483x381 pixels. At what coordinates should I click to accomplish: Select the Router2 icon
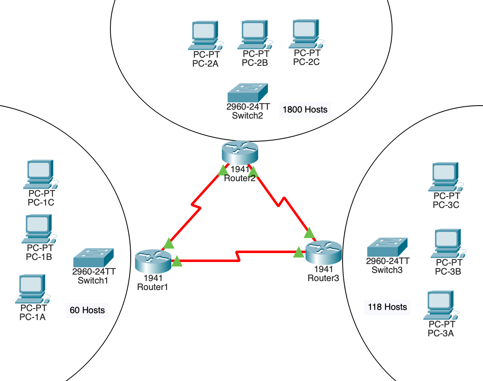tap(240, 152)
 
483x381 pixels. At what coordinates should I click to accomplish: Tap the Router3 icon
tap(323, 252)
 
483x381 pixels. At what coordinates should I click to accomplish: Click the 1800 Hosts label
tap(305, 110)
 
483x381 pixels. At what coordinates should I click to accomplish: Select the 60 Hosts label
tap(87, 311)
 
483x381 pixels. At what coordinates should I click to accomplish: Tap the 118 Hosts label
tap(387, 307)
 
